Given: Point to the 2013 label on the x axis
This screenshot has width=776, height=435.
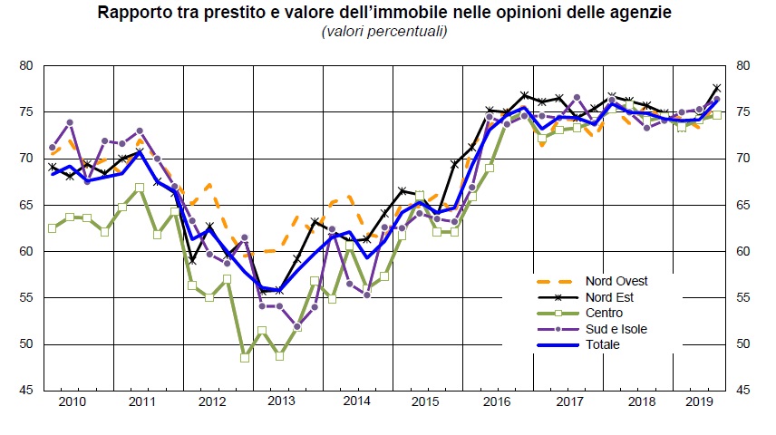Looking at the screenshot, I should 280,400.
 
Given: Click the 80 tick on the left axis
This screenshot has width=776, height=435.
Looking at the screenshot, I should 25,65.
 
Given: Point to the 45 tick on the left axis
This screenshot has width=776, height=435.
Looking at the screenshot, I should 25,391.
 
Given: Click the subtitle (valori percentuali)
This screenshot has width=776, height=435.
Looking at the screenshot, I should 384,32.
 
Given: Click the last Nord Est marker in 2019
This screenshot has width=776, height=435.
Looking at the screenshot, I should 717,88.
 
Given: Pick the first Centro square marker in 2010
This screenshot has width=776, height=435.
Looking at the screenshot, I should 53,228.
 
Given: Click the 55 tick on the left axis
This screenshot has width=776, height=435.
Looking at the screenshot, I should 25,297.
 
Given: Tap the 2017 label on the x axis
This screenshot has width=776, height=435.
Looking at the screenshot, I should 568,400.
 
